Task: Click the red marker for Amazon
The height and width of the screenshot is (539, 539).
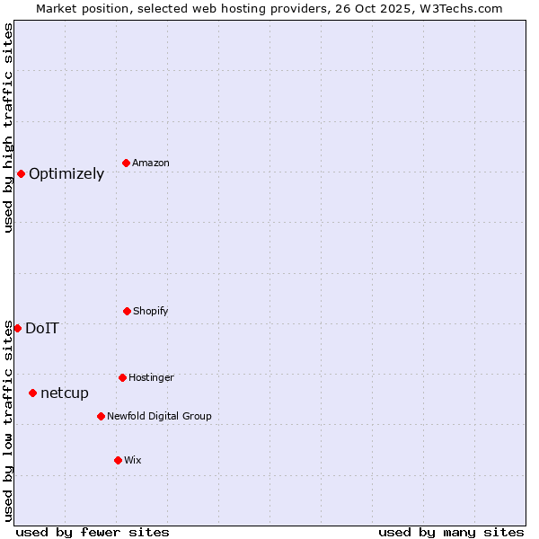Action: pos(126,163)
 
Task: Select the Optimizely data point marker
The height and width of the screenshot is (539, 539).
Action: pos(21,173)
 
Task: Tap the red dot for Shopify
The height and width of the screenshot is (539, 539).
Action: pos(127,311)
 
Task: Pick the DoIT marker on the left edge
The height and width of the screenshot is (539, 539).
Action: pos(17,328)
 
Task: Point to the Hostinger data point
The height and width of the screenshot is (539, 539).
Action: pos(122,377)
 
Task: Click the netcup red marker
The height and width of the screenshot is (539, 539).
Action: pos(32,393)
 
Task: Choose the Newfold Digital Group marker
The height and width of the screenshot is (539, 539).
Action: pos(101,416)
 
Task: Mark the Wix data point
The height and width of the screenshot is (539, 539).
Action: pos(118,460)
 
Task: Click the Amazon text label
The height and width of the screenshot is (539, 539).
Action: pos(151,163)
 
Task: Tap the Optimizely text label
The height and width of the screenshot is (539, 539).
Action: pos(66,174)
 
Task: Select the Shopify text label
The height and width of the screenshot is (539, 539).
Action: pos(151,311)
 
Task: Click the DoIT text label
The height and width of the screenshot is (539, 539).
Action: pos(42,329)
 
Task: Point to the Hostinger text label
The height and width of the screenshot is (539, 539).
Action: pos(151,377)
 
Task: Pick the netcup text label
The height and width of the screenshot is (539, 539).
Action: pos(65,393)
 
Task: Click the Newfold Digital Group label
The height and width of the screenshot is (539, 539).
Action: pos(159,416)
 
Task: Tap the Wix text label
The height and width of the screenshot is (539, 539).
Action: pos(133,460)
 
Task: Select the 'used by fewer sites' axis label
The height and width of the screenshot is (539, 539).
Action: pos(93,532)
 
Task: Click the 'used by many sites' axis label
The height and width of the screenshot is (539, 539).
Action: pos(451,532)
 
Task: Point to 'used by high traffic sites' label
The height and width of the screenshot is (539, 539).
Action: pos(8,128)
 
